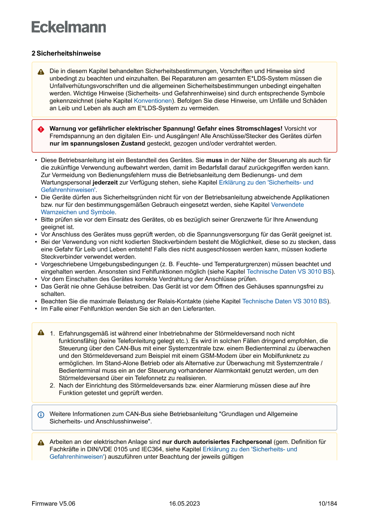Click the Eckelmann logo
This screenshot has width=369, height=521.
(69, 27)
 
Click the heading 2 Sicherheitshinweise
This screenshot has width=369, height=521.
(66, 53)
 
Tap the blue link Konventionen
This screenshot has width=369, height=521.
(153, 101)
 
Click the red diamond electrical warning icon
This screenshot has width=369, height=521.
(41, 129)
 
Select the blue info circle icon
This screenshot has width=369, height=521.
(41, 414)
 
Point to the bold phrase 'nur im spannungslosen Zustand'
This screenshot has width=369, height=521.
(97, 144)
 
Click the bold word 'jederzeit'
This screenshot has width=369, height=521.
(106, 182)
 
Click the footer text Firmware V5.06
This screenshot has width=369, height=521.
(53, 504)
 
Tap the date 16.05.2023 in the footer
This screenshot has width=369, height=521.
(184, 504)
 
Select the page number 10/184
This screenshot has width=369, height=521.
(328, 504)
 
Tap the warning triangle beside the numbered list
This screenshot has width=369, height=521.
(41, 333)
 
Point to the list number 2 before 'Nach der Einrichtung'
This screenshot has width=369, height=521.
(52, 386)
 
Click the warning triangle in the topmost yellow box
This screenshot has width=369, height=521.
(41, 72)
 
